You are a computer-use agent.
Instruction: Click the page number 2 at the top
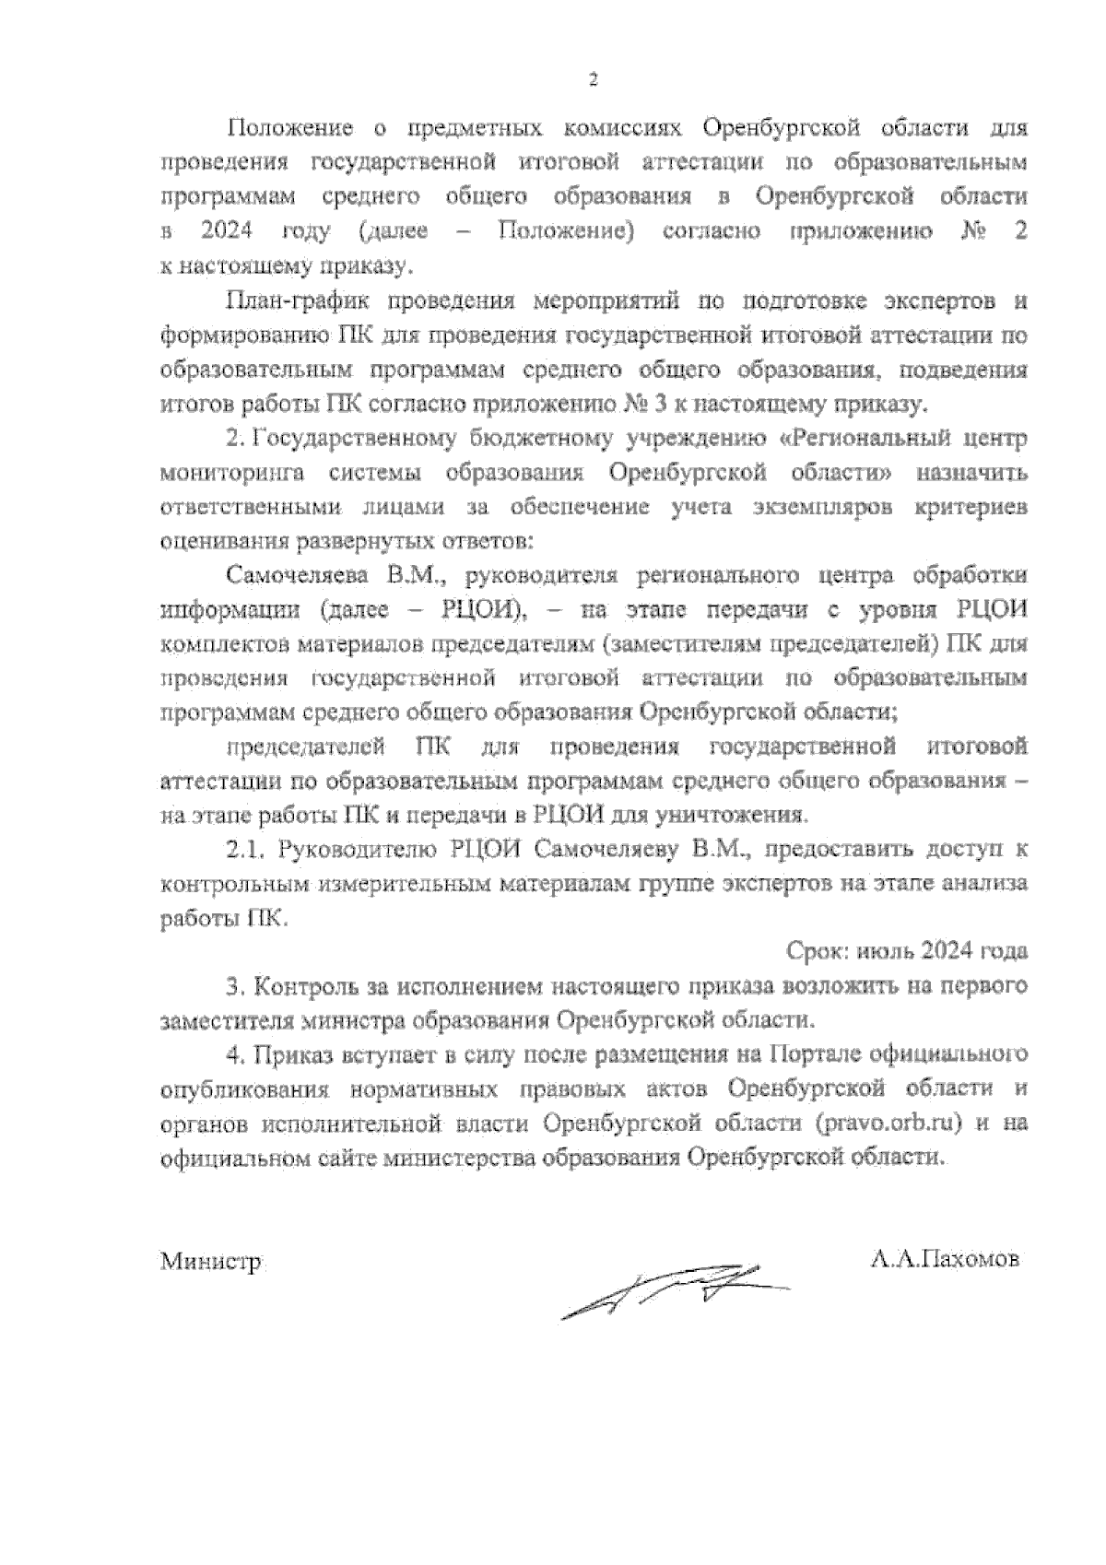click(594, 80)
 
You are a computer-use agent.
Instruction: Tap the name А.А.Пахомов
click(945, 1259)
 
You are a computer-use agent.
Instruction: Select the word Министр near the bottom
click(211, 1261)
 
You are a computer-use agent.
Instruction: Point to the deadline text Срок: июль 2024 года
click(907, 951)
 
